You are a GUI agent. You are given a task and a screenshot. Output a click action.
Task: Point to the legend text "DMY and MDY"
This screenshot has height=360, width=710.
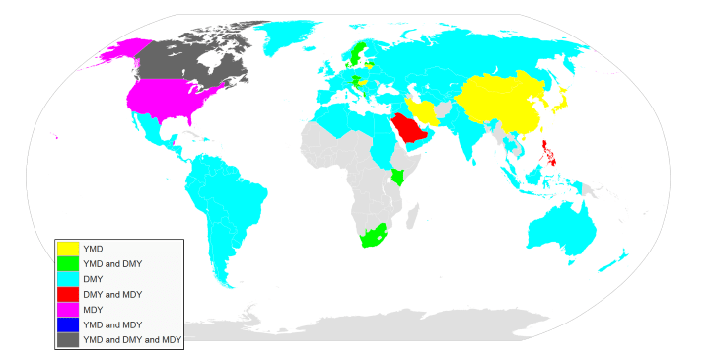pyautogui.click(x=112, y=294)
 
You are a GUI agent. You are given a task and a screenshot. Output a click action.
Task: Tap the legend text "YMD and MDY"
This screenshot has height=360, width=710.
pyautogui.click(x=114, y=324)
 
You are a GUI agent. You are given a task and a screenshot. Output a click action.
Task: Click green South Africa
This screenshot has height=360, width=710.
pyautogui.click(x=372, y=237)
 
